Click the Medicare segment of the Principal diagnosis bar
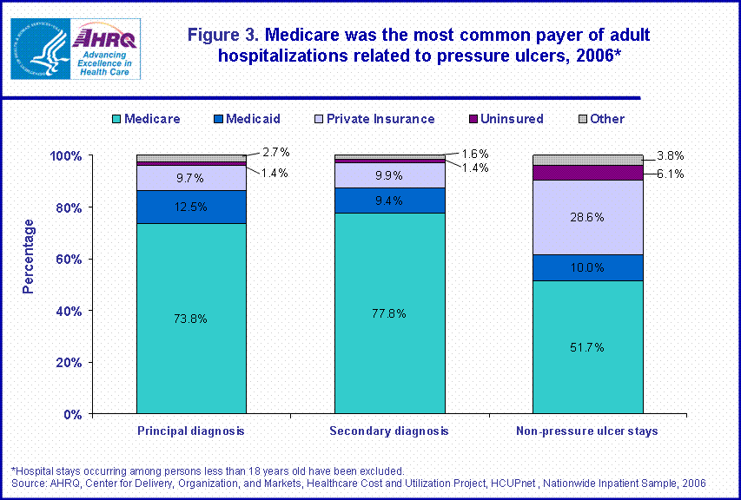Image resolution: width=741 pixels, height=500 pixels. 191,318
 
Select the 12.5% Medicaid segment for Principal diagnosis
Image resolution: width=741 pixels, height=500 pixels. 191,207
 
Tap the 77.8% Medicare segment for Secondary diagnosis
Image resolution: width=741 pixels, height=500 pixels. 389,312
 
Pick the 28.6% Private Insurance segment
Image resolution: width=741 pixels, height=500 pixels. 587,217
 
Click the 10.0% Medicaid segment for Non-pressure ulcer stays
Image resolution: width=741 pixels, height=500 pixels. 587,267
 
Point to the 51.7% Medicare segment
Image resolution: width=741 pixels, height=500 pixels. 587,346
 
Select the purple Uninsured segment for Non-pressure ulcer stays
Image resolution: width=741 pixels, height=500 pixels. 587,173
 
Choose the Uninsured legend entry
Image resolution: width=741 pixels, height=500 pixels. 506,119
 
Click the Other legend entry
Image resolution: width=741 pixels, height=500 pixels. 600,119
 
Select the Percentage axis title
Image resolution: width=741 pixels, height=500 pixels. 29,256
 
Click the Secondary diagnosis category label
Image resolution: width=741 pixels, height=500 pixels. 389,431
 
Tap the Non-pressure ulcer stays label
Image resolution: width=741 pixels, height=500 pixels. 587,431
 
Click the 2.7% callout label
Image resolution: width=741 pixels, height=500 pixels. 275,153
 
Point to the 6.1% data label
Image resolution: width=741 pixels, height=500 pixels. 670,174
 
